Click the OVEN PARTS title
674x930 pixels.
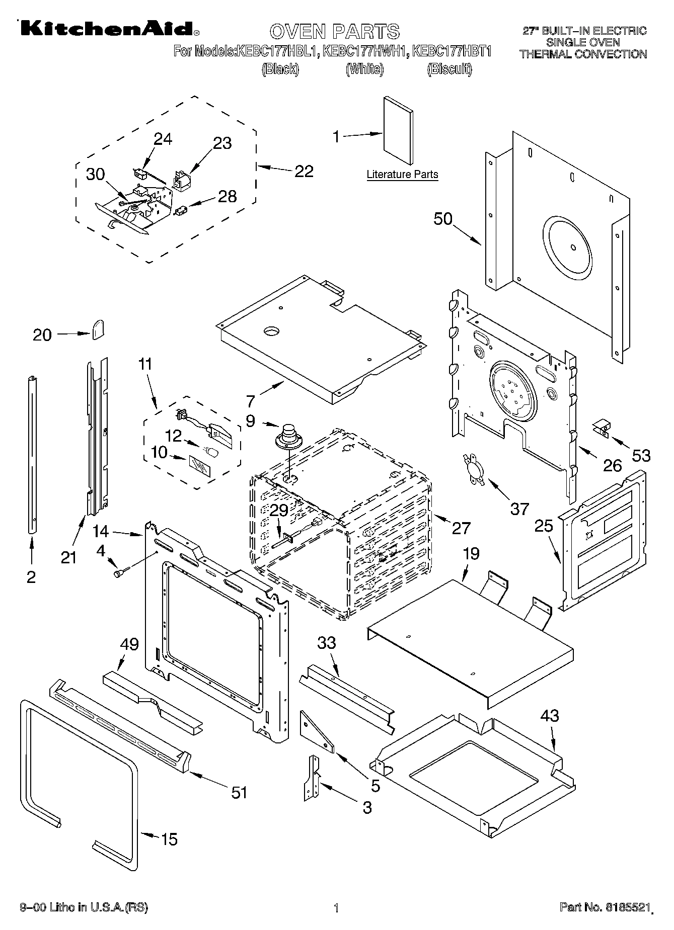pyautogui.click(x=334, y=31)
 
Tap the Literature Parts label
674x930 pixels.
pyautogui.click(x=402, y=175)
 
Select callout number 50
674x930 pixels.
pyautogui.click(x=443, y=219)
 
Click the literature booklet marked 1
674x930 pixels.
pyautogui.click(x=398, y=131)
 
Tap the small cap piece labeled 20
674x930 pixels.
pyautogui.click(x=98, y=329)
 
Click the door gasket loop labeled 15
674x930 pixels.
pyautogui.click(x=81, y=805)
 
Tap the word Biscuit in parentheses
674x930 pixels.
pyautogui.click(x=450, y=69)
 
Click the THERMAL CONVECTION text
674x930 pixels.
pyautogui.click(x=583, y=54)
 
